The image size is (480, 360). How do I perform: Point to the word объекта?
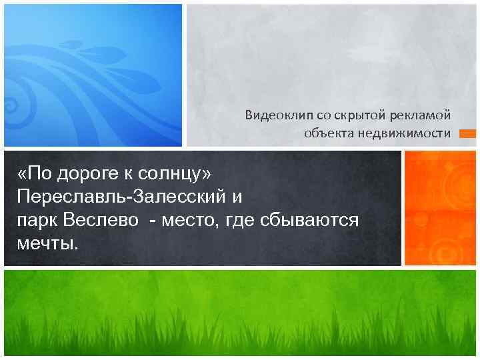tap(325, 133)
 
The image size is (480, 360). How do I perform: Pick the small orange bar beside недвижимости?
tap(468, 133)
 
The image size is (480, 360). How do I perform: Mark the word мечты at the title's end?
tap(46, 242)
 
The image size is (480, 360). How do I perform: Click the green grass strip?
tap(240, 313)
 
